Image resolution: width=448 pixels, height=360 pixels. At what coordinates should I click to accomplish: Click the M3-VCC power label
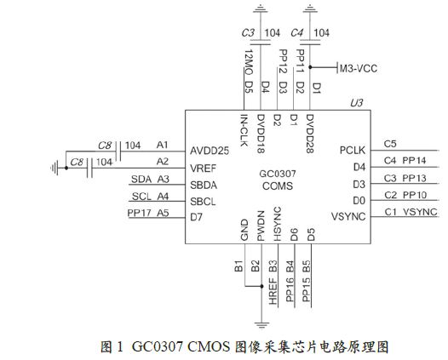point(359,69)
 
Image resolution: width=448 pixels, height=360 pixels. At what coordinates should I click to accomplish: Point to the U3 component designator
point(356,103)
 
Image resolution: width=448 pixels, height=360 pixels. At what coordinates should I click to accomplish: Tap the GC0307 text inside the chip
point(278,174)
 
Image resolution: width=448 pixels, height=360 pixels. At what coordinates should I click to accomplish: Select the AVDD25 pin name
point(210,151)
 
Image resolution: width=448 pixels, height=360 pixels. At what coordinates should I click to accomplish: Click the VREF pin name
point(204,169)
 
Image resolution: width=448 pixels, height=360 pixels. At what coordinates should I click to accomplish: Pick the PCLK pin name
point(353,150)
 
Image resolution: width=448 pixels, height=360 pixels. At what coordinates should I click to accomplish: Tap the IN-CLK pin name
point(244,130)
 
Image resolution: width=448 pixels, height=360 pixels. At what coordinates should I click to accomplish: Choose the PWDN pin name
point(261,226)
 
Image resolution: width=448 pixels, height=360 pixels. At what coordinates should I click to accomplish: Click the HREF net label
point(273,291)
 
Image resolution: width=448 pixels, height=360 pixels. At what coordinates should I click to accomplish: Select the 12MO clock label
point(249,62)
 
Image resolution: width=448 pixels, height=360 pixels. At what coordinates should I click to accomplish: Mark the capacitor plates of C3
point(261,42)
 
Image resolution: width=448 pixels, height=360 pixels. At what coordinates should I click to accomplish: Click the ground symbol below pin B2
point(261,325)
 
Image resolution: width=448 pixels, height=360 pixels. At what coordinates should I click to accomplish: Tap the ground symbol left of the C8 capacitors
point(55,168)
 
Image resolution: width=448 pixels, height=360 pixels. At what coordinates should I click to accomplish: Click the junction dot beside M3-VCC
point(311,67)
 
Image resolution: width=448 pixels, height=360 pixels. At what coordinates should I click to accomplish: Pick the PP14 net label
point(414,161)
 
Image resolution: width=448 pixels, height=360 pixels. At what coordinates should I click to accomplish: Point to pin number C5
point(390,144)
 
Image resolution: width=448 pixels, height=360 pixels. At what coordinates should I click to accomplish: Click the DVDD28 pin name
point(310,134)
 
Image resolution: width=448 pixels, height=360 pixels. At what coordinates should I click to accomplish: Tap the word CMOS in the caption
point(209,347)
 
